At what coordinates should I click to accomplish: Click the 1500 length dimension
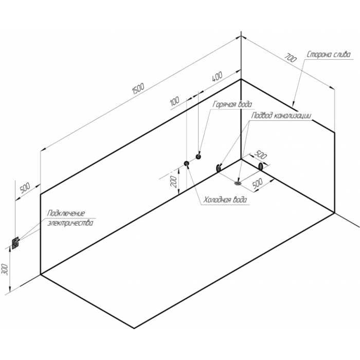138,89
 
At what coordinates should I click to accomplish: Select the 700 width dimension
291,58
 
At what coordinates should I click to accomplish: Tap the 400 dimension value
217,77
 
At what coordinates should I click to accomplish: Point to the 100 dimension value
175,101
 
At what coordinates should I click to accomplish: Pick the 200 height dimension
174,182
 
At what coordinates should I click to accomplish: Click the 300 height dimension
5,269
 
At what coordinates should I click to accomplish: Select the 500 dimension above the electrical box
25,188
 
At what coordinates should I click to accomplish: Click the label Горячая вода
232,104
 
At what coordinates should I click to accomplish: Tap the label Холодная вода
226,200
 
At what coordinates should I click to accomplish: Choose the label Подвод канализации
281,115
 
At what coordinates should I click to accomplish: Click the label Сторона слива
329,55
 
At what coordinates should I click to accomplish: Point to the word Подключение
66,213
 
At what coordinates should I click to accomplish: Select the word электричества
70,223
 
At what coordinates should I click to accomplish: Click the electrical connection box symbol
15,243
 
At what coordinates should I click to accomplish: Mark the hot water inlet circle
199,156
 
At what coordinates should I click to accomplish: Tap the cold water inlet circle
186,164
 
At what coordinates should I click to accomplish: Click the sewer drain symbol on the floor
238,183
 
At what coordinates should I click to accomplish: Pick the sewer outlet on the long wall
218,168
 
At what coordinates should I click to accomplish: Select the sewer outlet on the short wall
261,166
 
